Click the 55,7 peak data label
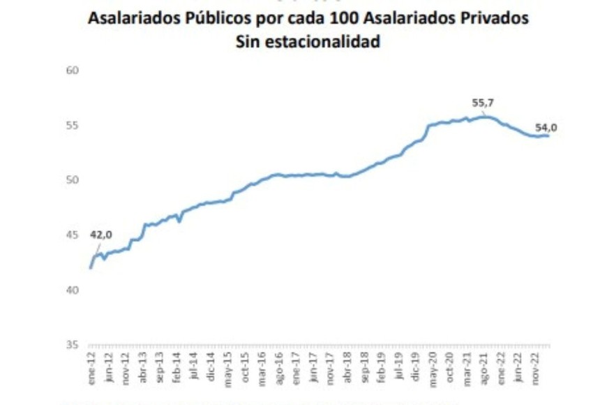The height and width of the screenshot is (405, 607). click(x=483, y=103)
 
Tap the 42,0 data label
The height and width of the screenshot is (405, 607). click(x=102, y=235)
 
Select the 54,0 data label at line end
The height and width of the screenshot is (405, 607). click(x=546, y=128)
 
